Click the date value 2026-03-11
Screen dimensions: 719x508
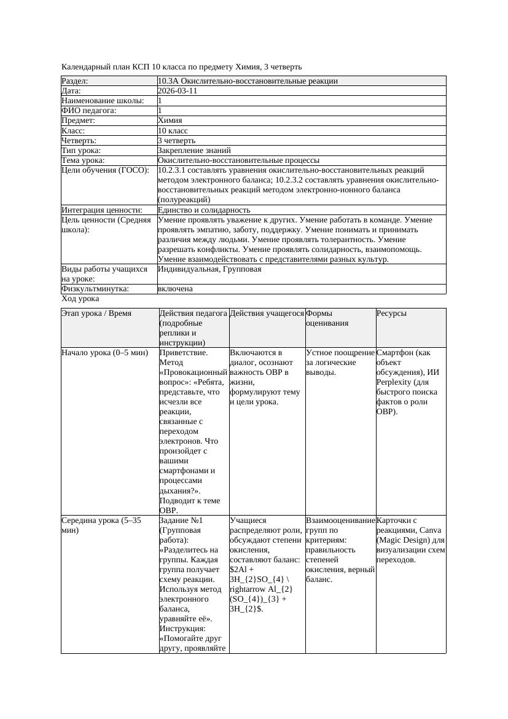[178, 90]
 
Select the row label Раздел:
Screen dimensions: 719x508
[75, 81]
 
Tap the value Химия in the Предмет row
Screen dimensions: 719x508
[170, 120]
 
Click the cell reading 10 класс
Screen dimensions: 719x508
[173, 130]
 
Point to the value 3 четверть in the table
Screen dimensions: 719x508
[176, 140]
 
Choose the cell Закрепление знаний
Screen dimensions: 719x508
[194, 150]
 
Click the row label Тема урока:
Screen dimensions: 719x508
[83, 160]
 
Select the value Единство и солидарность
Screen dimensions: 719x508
[204, 210]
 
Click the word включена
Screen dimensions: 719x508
[175, 289]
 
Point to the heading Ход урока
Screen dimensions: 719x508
[80, 299]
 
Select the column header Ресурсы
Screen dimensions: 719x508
[391, 313]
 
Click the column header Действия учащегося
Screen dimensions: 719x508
[267, 313]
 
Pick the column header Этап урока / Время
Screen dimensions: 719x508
[96, 313]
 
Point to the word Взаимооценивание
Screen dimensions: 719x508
[340, 521]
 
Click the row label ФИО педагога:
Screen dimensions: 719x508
[89, 111]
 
